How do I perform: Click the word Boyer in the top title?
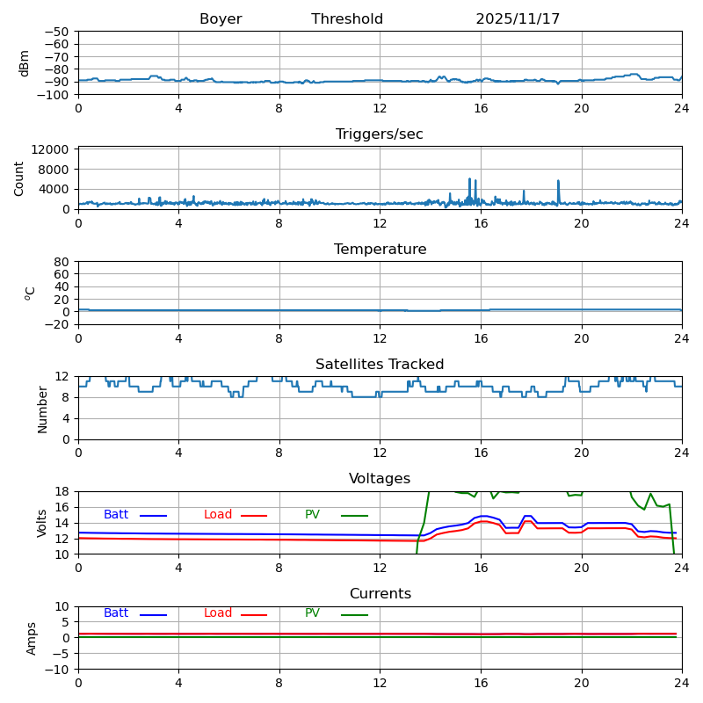221,19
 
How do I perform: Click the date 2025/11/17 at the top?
518,19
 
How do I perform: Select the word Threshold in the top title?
347,19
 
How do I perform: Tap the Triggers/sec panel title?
380,134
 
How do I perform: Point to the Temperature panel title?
380,250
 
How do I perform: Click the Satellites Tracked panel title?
380,365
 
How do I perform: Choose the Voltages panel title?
380,479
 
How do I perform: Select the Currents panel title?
380,594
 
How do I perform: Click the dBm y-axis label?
25,62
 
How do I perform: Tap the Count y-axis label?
19,178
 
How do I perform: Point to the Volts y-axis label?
42,523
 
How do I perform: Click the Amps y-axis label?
32,638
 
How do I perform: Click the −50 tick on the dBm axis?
56,32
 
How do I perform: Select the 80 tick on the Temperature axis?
62,262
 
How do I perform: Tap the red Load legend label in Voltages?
218,515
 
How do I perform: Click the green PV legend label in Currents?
312,613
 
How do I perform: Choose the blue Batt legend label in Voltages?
116,515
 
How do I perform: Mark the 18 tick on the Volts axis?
62,492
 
